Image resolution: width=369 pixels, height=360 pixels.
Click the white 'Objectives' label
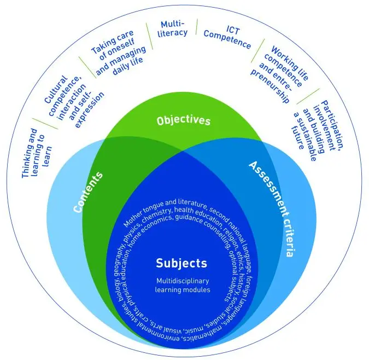click(183, 120)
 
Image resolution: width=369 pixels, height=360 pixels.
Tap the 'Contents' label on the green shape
click(88, 192)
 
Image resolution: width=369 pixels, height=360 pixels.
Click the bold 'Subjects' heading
click(181, 263)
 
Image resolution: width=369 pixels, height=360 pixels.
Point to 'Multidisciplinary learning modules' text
click(183, 285)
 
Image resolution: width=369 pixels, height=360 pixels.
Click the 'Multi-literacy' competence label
click(173, 29)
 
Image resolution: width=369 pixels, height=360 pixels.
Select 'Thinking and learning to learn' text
click(37, 153)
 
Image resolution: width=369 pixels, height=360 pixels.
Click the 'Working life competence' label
click(279, 74)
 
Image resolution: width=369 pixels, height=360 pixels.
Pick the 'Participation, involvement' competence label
click(318, 130)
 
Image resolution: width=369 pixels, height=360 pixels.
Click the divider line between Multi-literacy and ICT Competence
click(196, 27)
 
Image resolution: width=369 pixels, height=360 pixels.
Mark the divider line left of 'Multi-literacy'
click(149, 36)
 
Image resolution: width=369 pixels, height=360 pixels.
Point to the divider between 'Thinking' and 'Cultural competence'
click(45, 124)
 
